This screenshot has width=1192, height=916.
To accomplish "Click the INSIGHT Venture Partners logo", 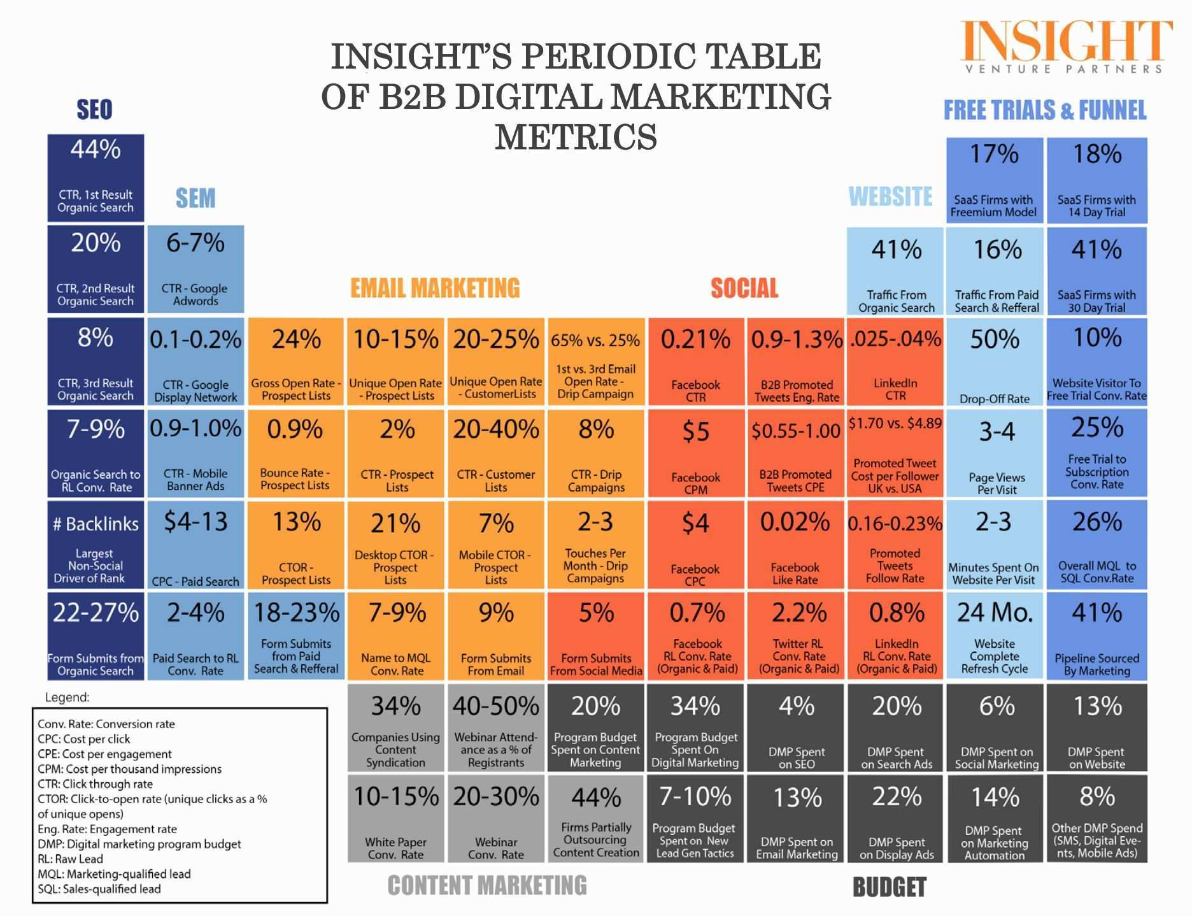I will (1065, 47).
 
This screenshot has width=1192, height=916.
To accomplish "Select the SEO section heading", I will (94, 110).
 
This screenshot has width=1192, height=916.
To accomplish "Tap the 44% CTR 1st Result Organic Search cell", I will (96, 178).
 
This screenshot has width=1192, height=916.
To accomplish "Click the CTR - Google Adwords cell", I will (195, 269).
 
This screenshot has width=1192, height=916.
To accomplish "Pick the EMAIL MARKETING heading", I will (435, 288).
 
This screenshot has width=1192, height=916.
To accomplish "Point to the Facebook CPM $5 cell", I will (695, 453).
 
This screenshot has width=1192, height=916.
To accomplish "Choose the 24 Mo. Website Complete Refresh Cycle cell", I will (995, 636).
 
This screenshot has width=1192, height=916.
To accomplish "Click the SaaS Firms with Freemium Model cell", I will (994, 180).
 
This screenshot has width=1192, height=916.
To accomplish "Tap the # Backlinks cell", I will (96, 544).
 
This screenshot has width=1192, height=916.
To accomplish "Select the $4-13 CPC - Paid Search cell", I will (195, 544).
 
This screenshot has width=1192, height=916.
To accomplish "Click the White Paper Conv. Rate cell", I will (395, 819).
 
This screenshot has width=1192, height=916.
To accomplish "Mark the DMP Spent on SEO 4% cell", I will (796, 727).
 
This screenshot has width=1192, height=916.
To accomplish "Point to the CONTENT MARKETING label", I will (487, 885).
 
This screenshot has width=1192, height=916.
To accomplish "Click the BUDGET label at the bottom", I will (889, 887).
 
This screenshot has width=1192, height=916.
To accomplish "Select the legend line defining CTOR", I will (152, 799).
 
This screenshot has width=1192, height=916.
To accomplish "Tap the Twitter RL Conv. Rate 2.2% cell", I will (796, 636).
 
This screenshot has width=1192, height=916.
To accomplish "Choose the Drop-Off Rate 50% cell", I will (995, 362).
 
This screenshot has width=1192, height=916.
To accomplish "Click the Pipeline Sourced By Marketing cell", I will (1096, 636).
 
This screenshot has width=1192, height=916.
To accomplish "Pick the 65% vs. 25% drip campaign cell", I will (595, 362).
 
